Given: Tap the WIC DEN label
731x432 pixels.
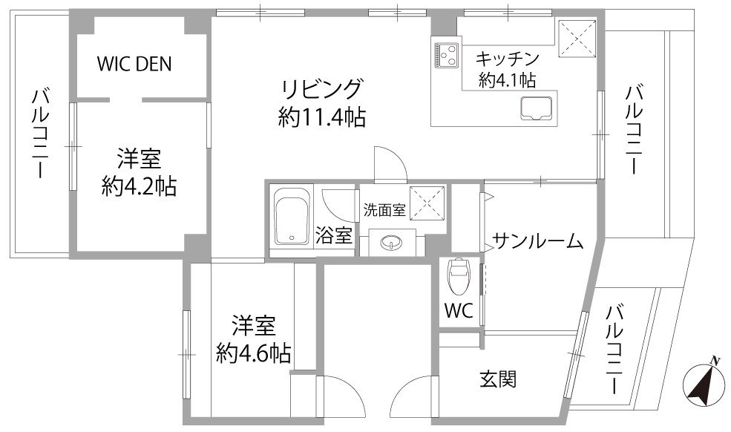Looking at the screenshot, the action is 134,64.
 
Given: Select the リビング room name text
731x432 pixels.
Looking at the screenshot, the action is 321,89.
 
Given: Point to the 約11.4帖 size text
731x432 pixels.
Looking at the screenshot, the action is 321,117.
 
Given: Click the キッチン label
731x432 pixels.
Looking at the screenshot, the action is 507,59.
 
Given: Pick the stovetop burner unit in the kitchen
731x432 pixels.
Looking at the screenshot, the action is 447,55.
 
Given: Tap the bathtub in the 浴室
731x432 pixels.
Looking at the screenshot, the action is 292,216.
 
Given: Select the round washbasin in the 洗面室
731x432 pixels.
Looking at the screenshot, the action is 390,243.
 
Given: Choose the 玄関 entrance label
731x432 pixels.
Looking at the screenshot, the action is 498,379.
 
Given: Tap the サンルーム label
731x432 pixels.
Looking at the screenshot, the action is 537,241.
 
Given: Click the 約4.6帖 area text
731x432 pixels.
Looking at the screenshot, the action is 254,353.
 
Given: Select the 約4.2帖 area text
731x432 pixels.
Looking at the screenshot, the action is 139,186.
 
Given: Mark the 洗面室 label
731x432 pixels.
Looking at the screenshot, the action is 384,210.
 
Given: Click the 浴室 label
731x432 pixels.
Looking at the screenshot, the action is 334,235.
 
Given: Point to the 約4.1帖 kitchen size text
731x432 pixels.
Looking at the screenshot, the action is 507,80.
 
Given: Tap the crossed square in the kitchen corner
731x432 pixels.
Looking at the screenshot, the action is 577,37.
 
